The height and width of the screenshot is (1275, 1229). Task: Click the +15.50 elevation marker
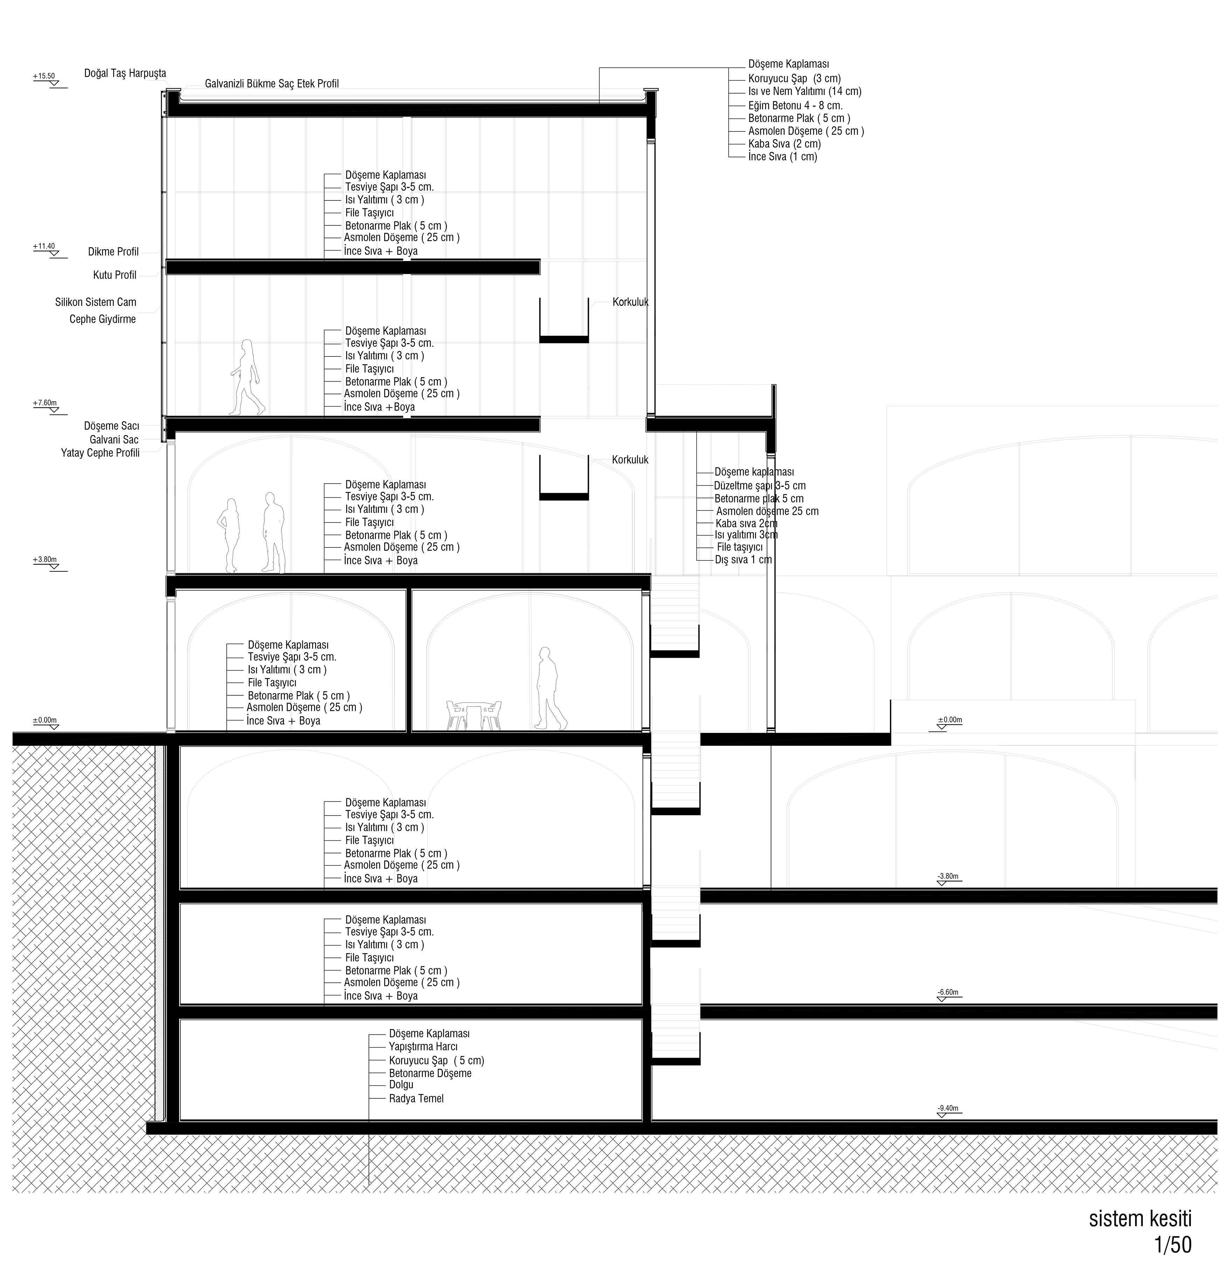click(44, 76)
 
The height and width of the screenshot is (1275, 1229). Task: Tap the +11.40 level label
click(44, 246)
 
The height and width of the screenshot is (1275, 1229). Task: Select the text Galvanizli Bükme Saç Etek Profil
click(272, 84)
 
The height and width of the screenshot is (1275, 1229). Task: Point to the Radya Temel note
click(416, 1099)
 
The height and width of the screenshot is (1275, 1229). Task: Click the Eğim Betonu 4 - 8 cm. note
click(795, 105)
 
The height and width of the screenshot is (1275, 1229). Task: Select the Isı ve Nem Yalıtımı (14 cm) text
click(804, 92)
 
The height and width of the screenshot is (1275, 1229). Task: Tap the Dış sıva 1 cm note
click(743, 559)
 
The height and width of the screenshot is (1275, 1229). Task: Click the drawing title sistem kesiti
click(1140, 1219)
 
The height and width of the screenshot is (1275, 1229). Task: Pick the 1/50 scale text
click(1173, 1245)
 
